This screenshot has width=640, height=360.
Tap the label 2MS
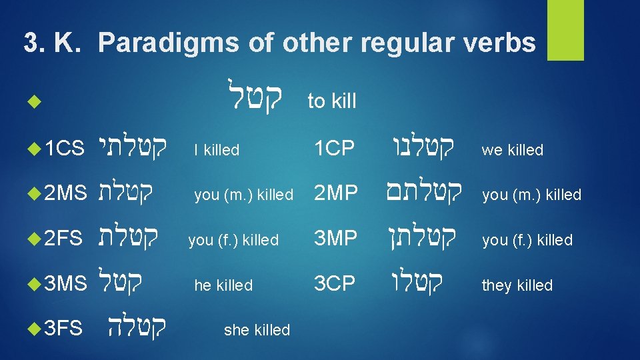tap(65, 194)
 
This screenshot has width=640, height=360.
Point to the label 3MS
tap(65, 285)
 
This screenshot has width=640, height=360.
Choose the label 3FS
tap(63, 329)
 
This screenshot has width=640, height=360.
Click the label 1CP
tap(335, 149)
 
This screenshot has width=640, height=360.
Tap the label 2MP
tap(336, 194)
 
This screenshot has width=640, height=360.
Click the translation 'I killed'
tap(217, 150)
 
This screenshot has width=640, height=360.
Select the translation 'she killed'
tap(257, 329)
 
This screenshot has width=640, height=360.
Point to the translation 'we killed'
tap(513, 150)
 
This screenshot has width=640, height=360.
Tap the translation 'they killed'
tap(517, 285)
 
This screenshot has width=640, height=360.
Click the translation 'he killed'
tap(223, 285)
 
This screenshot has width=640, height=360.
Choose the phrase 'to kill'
tap(331, 101)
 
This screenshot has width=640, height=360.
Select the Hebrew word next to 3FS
tap(137, 327)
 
